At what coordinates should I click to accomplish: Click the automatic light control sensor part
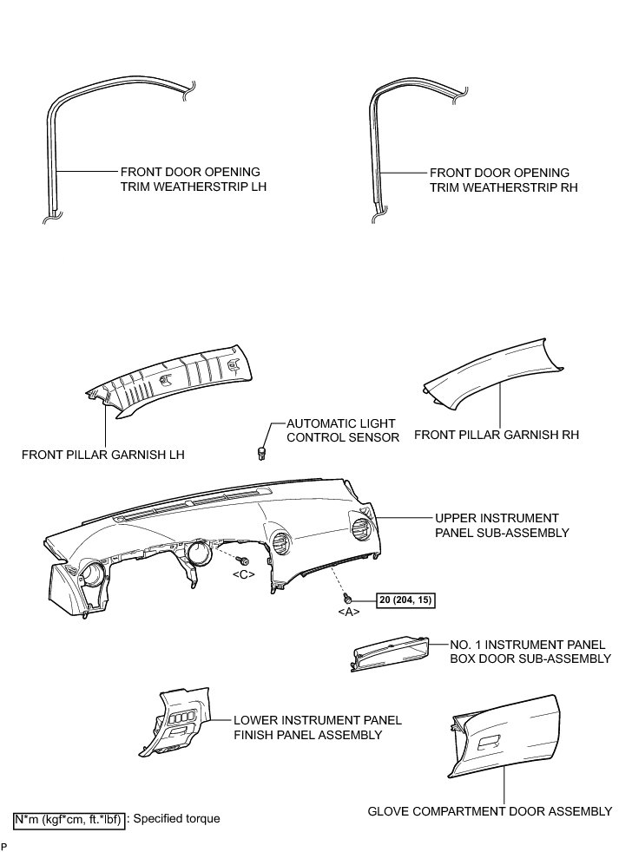[x=261, y=451]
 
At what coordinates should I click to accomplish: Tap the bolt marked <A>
[x=347, y=598]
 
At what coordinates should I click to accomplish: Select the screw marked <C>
[x=247, y=562]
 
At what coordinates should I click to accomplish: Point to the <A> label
[x=347, y=613]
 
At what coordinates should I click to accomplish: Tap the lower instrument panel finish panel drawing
[x=178, y=719]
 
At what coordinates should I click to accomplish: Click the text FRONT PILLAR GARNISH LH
[x=104, y=454]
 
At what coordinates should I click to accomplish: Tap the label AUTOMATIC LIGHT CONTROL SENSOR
[x=343, y=430]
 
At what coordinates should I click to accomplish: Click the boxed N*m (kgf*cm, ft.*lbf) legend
[x=68, y=818]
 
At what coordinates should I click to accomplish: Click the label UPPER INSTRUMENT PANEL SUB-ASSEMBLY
[x=502, y=525]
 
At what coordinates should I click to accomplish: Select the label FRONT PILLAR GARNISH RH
[x=497, y=434]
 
